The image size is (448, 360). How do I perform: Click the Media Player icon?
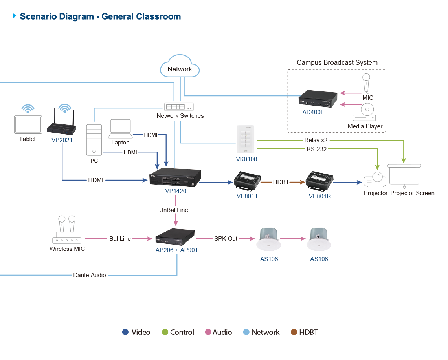[x=364, y=113]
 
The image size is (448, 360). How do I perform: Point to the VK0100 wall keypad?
[x=246, y=139]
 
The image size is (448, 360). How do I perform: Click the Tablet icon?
[x=28, y=124]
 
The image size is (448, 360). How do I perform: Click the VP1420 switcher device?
[x=176, y=178]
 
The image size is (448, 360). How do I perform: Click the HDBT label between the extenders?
[x=281, y=182]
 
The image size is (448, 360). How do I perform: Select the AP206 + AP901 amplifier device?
[x=175, y=237]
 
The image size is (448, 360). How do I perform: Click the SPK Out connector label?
[x=226, y=238]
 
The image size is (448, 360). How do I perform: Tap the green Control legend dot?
[x=165, y=332]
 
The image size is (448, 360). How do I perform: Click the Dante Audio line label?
[x=90, y=275]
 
